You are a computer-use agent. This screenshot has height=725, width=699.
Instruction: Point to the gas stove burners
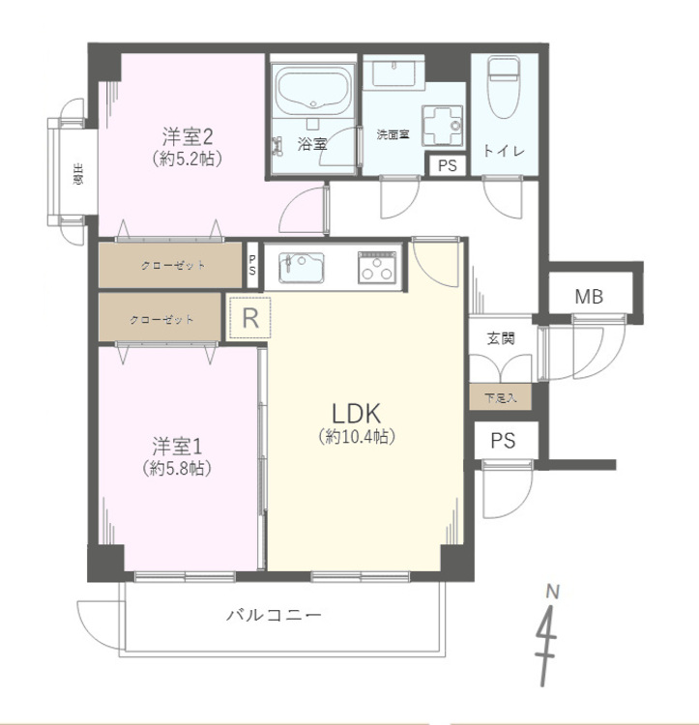(376, 266)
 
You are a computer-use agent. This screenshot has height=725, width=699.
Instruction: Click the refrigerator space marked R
(250, 318)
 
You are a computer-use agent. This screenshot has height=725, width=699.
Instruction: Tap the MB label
(589, 297)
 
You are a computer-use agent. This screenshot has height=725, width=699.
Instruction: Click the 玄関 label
(500, 338)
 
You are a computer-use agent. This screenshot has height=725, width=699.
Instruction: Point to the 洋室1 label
(177, 447)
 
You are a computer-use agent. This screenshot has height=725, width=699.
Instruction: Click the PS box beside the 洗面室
(447, 165)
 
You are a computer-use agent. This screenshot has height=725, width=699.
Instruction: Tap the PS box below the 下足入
(502, 441)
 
